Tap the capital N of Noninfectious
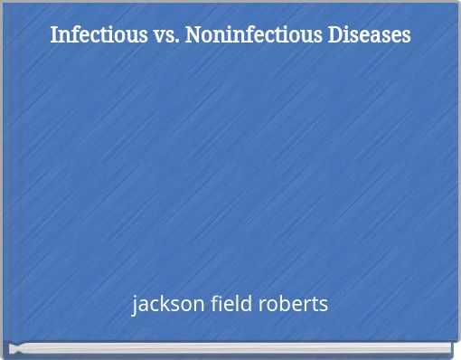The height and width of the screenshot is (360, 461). [x=193, y=35]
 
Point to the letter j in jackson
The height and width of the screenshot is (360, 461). [x=135, y=305]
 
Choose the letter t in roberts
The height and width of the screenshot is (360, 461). [x=313, y=304]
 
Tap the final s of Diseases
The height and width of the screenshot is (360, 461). [x=406, y=37]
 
